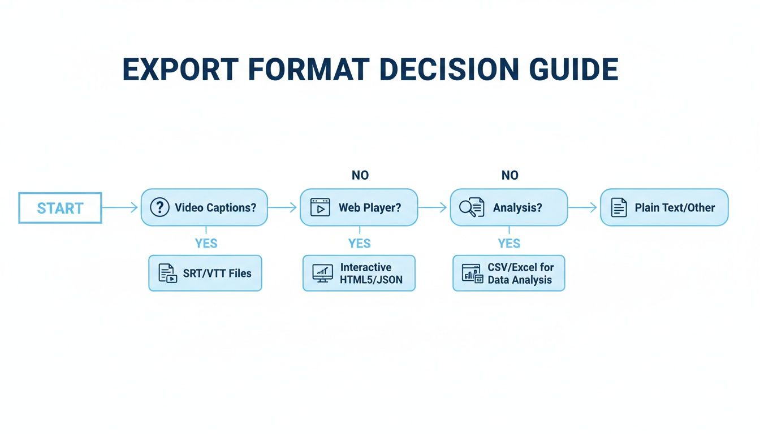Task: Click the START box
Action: point(60,208)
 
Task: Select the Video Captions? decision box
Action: point(204,207)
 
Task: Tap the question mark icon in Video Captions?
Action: point(160,207)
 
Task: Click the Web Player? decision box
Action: point(359,207)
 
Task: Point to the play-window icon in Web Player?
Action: point(320,207)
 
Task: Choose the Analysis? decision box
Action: point(508,207)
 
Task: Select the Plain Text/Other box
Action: point(664,207)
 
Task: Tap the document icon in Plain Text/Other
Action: point(619,207)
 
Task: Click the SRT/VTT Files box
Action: point(205,273)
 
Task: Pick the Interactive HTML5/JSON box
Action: point(359,273)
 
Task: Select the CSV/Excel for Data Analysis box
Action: point(508,273)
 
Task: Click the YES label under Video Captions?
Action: point(206,244)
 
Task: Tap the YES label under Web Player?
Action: point(360,244)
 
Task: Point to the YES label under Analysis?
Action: point(509,244)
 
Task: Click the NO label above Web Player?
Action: point(360,175)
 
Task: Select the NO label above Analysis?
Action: point(509,175)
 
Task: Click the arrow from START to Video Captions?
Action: point(120,208)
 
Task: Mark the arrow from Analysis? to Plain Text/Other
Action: point(582,208)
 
